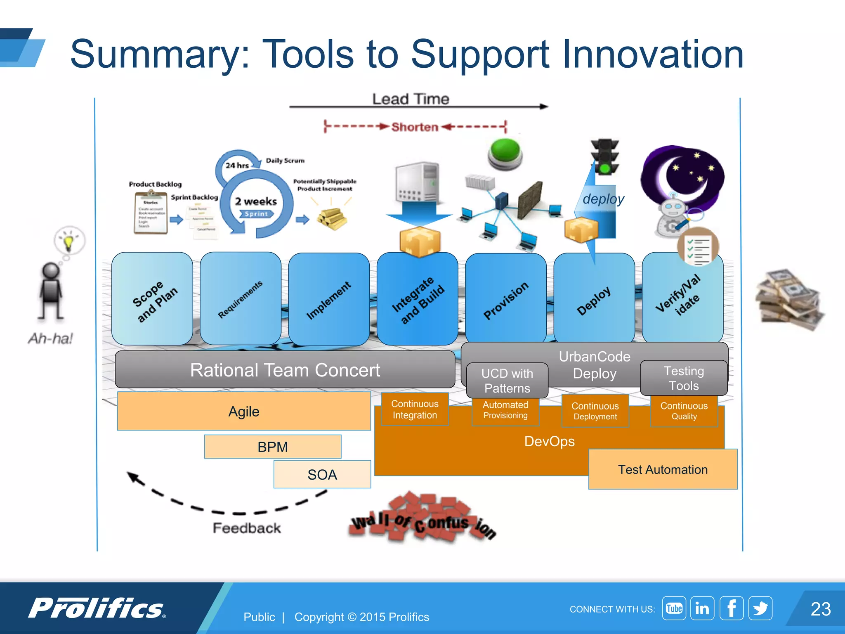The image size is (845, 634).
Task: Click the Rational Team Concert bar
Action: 285,370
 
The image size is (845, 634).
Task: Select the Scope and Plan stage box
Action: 152,299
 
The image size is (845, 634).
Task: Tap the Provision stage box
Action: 505,299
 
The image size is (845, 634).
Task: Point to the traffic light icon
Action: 605,156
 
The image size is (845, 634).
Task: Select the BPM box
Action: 273,447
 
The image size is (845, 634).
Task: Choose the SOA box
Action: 322,474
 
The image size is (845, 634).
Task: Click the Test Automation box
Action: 663,469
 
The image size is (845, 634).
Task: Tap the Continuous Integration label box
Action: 415,409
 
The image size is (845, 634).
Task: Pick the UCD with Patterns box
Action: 507,381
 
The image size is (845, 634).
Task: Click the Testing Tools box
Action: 684,378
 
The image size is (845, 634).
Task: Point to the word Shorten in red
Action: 415,127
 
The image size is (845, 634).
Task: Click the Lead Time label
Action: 411,99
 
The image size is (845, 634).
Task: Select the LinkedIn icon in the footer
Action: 702,608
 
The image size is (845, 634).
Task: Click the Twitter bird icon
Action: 760,608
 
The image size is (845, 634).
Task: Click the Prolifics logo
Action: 97,608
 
